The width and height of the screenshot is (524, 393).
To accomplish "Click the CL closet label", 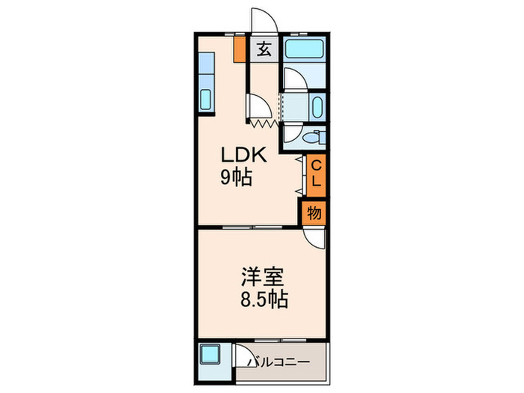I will point(316,173).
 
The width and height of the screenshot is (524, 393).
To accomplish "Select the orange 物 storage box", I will point(315,213).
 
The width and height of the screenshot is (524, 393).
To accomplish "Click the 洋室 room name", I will point(261,276).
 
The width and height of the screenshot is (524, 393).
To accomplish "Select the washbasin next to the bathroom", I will point(317,106).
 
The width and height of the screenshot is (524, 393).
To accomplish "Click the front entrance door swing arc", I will point(263,19).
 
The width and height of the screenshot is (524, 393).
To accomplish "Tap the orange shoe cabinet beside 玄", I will point(240,49).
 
